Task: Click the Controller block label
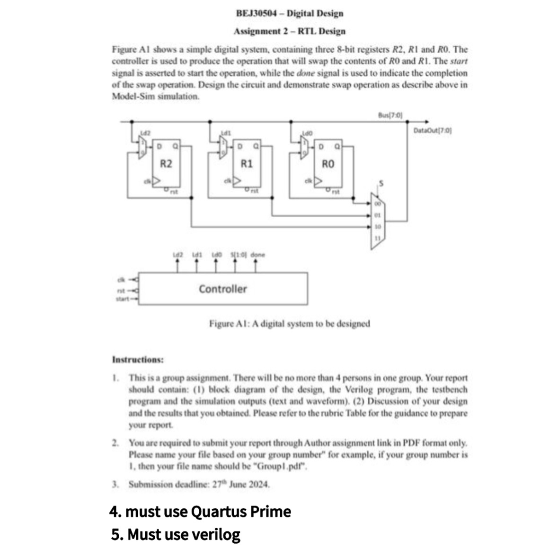coord(222,289)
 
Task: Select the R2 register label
coord(166,164)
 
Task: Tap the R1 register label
coord(247,164)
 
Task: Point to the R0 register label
coord(328,164)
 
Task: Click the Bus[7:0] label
coord(390,115)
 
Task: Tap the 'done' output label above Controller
coord(257,255)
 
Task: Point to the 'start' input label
coord(122,299)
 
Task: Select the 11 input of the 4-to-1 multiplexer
coord(378,237)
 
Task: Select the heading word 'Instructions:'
coord(138,360)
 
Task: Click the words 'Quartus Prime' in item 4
coord(240,512)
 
